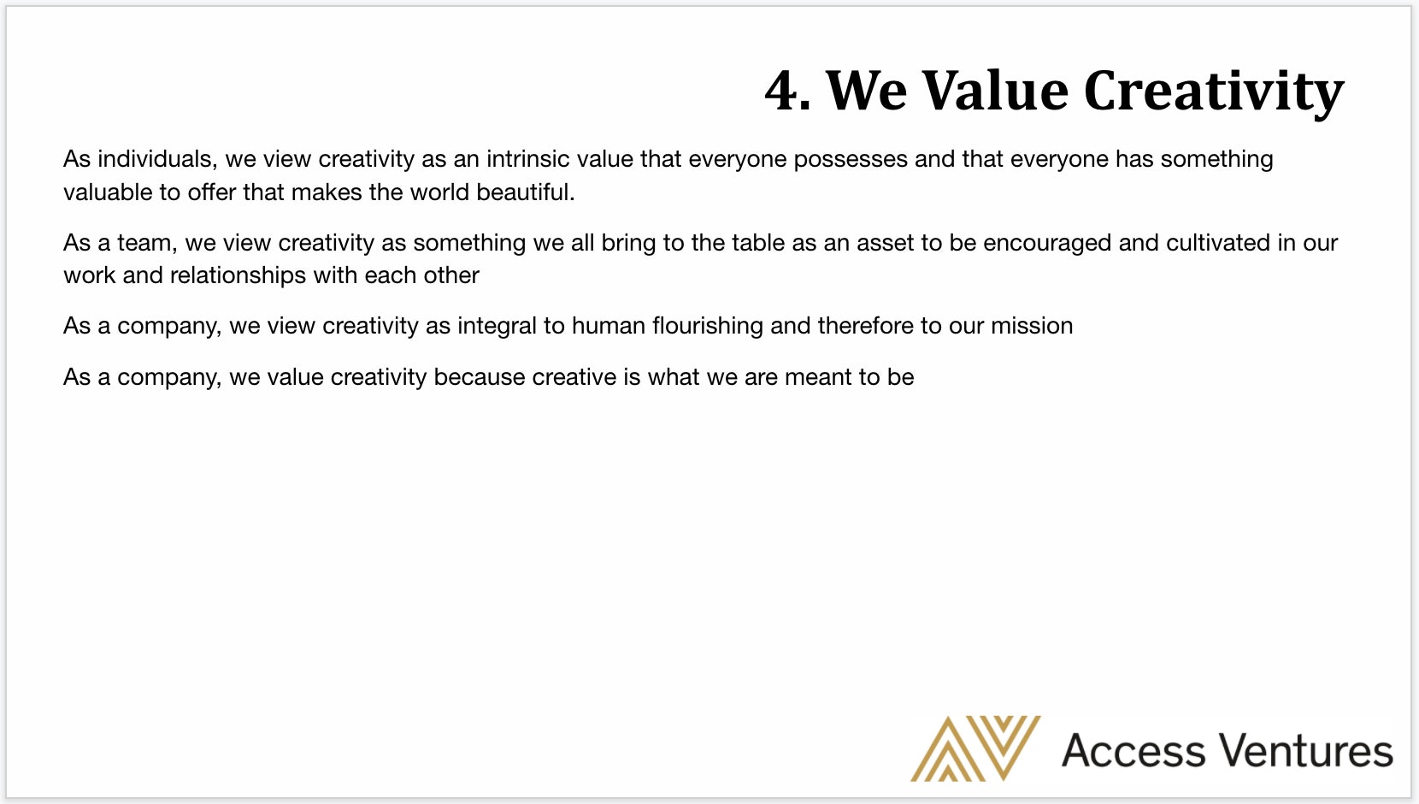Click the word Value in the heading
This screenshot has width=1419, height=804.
[x=994, y=91]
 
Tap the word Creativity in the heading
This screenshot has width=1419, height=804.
[x=1214, y=92]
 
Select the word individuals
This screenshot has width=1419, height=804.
[x=157, y=158]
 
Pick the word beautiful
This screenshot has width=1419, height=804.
[x=525, y=192]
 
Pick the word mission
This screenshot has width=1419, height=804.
[x=1032, y=326]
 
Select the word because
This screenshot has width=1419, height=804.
[x=480, y=377]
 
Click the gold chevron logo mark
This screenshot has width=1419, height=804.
[x=975, y=748]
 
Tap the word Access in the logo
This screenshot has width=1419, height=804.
[x=1133, y=751]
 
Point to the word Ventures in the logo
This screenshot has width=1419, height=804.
[x=1306, y=751]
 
